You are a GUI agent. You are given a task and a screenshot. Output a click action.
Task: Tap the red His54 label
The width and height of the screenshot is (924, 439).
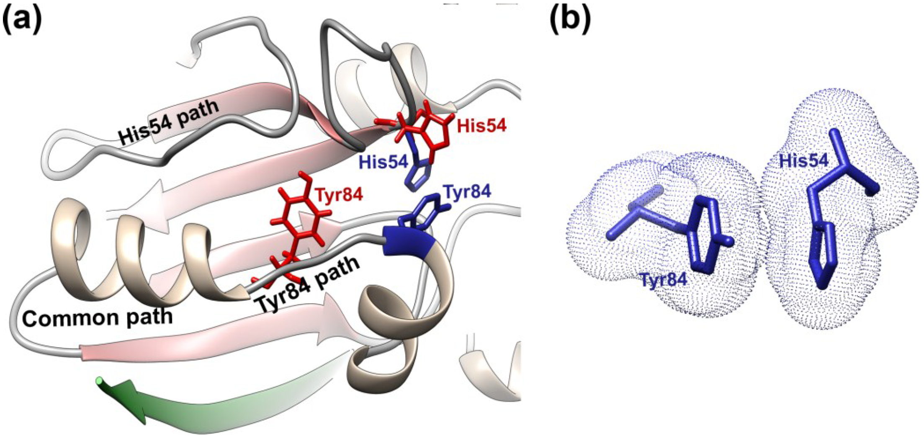click(481, 125)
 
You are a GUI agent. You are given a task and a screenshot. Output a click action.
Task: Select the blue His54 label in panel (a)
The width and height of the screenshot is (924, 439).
click(383, 162)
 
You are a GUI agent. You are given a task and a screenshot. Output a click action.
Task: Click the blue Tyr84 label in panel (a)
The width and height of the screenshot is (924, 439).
click(467, 191)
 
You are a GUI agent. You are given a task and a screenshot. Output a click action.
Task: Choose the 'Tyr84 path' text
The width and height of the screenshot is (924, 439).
click(308, 284)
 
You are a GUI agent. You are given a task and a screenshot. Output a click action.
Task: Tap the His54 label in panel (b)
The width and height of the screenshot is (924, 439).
click(803, 161)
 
